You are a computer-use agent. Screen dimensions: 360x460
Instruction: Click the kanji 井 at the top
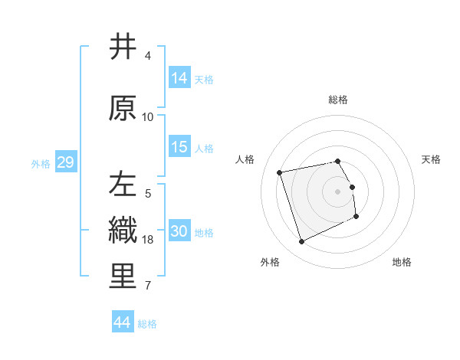[123, 48]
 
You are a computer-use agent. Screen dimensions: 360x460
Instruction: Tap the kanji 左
[123, 185]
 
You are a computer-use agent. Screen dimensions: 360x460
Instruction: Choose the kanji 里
[123, 277]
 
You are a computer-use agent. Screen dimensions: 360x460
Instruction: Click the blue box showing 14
[179, 78]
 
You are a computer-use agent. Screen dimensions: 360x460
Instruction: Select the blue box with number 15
[179, 147]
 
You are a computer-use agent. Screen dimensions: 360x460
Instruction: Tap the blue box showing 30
[179, 231]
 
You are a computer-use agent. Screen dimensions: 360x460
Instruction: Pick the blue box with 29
[65, 163]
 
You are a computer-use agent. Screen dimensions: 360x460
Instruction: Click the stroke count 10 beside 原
[148, 117]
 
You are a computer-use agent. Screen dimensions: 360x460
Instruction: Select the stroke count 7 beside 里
[148, 286]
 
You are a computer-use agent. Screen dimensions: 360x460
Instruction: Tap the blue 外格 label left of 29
[40, 164]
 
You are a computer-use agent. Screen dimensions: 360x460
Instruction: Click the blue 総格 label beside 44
[147, 324]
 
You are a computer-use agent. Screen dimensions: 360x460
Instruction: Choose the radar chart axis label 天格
[431, 159]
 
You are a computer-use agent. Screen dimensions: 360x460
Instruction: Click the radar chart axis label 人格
[245, 159]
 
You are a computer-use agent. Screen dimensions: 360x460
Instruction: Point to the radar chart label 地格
[402, 263]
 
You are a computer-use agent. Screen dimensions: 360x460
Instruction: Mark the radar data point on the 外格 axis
[301, 242]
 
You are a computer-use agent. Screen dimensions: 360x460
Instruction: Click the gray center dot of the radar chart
[337, 191]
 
